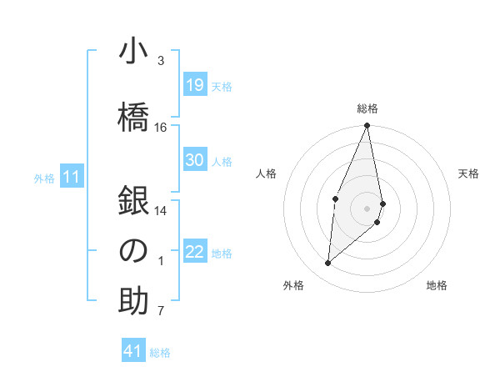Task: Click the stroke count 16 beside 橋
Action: pyautogui.click(x=161, y=128)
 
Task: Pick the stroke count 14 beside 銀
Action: pyautogui.click(x=161, y=211)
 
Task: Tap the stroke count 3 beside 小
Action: pyautogui.click(x=161, y=61)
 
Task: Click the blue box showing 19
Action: pyautogui.click(x=194, y=85)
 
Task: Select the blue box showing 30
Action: pyautogui.click(x=194, y=160)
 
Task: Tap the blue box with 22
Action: pyautogui.click(x=194, y=252)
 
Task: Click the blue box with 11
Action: pyautogui.click(x=72, y=177)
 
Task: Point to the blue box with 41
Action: pyautogui.click(x=133, y=351)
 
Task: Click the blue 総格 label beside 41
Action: pyautogui.click(x=160, y=353)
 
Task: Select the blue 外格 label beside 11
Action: pyautogui.click(x=44, y=178)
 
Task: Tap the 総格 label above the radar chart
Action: pyautogui.click(x=367, y=108)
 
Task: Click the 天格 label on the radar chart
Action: pyautogui.click(x=469, y=173)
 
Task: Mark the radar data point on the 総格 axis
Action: pyautogui.click(x=367, y=126)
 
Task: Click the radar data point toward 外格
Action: pyautogui.click(x=327, y=264)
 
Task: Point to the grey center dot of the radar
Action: pyautogui.click(x=367, y=208)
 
